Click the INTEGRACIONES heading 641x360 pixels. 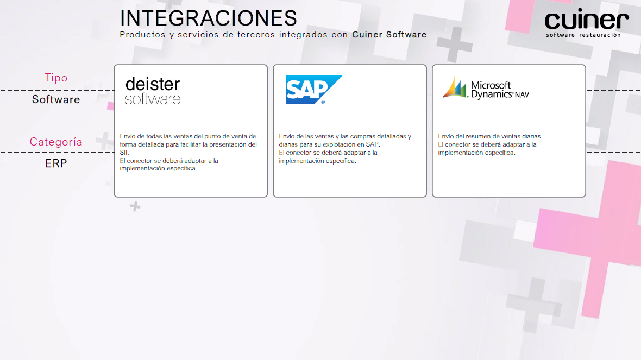pos(208,18)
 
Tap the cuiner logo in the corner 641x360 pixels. pos(586,23)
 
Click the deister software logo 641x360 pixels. pos(153,91)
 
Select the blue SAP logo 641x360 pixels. pos(313,90)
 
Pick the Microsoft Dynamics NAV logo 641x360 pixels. pos(486,88)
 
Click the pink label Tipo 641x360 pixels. pos(56,78)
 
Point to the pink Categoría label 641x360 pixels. pos(56,142)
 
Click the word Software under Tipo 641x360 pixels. pos(56,99)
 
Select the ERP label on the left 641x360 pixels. pos(56,163)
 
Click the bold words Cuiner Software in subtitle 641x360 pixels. pos(389,35)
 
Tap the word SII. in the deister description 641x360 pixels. pos(124,153)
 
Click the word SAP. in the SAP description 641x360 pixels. pos(373,144)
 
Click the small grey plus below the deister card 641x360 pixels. pos(135,206)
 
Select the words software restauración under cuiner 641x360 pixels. pos(583,35)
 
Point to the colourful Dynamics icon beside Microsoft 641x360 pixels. pos(455,87)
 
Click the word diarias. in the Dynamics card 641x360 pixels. pos(532,136)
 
